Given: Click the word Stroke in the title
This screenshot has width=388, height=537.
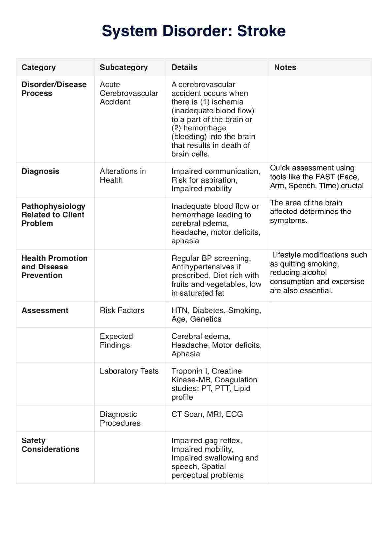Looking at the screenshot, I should [261, 31].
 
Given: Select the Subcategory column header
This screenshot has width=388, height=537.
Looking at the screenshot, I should [124, 67].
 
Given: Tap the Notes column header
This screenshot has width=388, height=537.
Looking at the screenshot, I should [285, 67].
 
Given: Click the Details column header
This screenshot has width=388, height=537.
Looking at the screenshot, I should [184, 67].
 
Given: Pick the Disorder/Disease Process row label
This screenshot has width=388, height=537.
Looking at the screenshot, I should [54, 89].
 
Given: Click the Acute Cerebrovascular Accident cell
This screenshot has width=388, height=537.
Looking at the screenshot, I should [129, 93].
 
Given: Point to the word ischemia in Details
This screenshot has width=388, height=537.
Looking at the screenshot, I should [227, 102].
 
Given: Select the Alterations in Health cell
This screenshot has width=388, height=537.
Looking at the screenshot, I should [123, 176].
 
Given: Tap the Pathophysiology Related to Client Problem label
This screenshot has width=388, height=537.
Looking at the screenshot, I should [53, 215].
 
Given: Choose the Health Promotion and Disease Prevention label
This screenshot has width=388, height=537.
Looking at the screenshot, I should [55, 267].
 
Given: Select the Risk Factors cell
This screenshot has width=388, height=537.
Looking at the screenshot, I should [122, 310].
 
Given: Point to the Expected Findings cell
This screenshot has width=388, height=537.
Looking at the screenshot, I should [116, 341].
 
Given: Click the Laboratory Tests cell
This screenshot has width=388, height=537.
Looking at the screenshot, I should [129, 371].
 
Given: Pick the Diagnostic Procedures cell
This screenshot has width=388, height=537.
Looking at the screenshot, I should [120, 419].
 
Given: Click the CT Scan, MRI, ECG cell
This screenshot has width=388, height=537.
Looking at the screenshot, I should [207, 414].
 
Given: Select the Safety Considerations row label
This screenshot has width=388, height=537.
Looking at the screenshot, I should [50, 445].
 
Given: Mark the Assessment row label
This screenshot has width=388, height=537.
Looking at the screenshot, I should [45, 310].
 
